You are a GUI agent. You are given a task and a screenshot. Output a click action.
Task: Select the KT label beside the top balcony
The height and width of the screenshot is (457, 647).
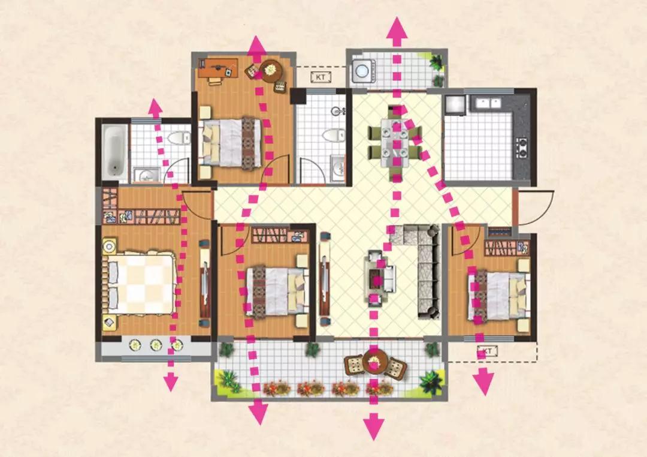click(x=321, y=77)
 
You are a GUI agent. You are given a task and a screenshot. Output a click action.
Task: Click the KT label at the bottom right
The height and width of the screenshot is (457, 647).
click(x=487, y=351)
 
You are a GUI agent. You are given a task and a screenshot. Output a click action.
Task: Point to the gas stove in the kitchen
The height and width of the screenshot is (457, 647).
click(x=522, y=148)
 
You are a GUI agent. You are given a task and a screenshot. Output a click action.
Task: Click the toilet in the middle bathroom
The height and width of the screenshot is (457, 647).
click(x=334, y=135)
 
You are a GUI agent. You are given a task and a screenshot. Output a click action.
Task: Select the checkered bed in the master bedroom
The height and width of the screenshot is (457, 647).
click(x=140, y=283)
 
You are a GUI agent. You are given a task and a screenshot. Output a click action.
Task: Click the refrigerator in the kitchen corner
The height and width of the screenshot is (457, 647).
click(x=455, y=105)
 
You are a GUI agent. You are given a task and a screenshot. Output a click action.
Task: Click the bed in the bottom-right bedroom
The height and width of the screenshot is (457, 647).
click(x=498, y=294)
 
